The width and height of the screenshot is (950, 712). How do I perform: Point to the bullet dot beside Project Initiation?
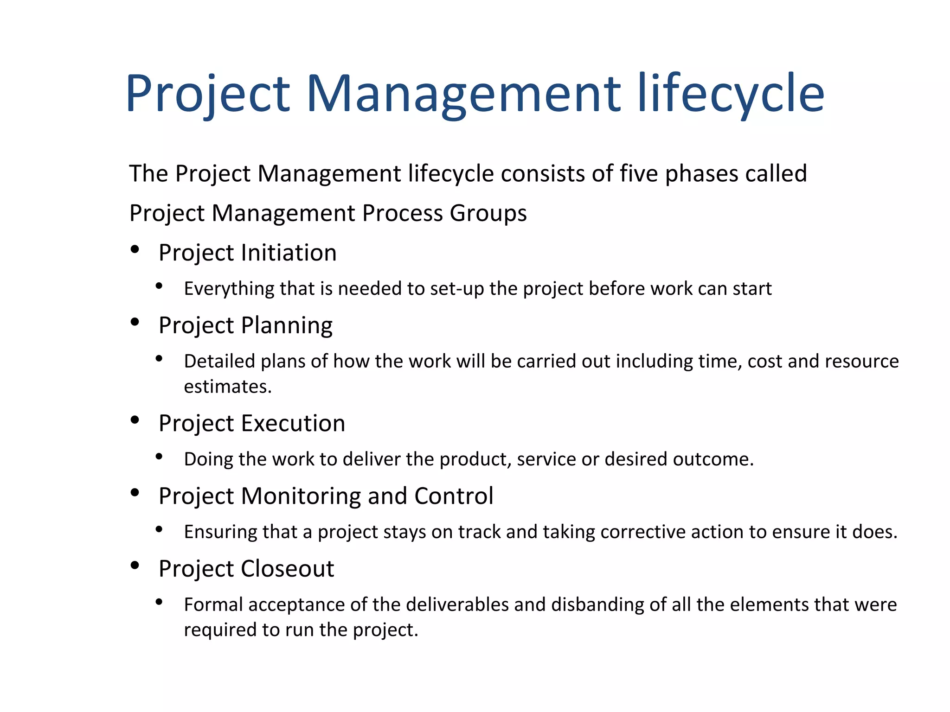tap(135, 249)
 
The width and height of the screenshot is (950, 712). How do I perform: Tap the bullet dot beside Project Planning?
tap(135, 322)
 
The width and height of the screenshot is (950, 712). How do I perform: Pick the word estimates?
tap(227, 387)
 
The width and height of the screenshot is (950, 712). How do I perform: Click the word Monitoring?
tap(301, 496)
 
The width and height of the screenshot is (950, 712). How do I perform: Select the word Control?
tap(454, 496)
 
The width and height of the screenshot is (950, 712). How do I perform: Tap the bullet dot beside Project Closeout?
tap(135, 565)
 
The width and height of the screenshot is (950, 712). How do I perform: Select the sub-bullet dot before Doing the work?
tap(159, 457)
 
